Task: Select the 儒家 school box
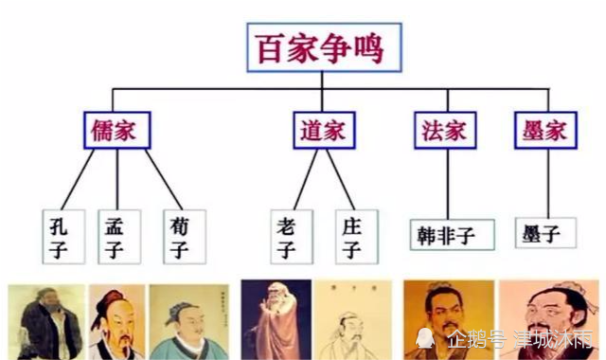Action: (x=116, y=130)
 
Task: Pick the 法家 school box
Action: (x=445, y=130)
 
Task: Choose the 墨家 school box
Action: (x=544, y=130)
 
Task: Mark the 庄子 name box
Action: (x=352, y=236)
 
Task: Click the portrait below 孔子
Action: (x=45, y=322)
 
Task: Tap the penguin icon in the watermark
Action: (x=427, y=338)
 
